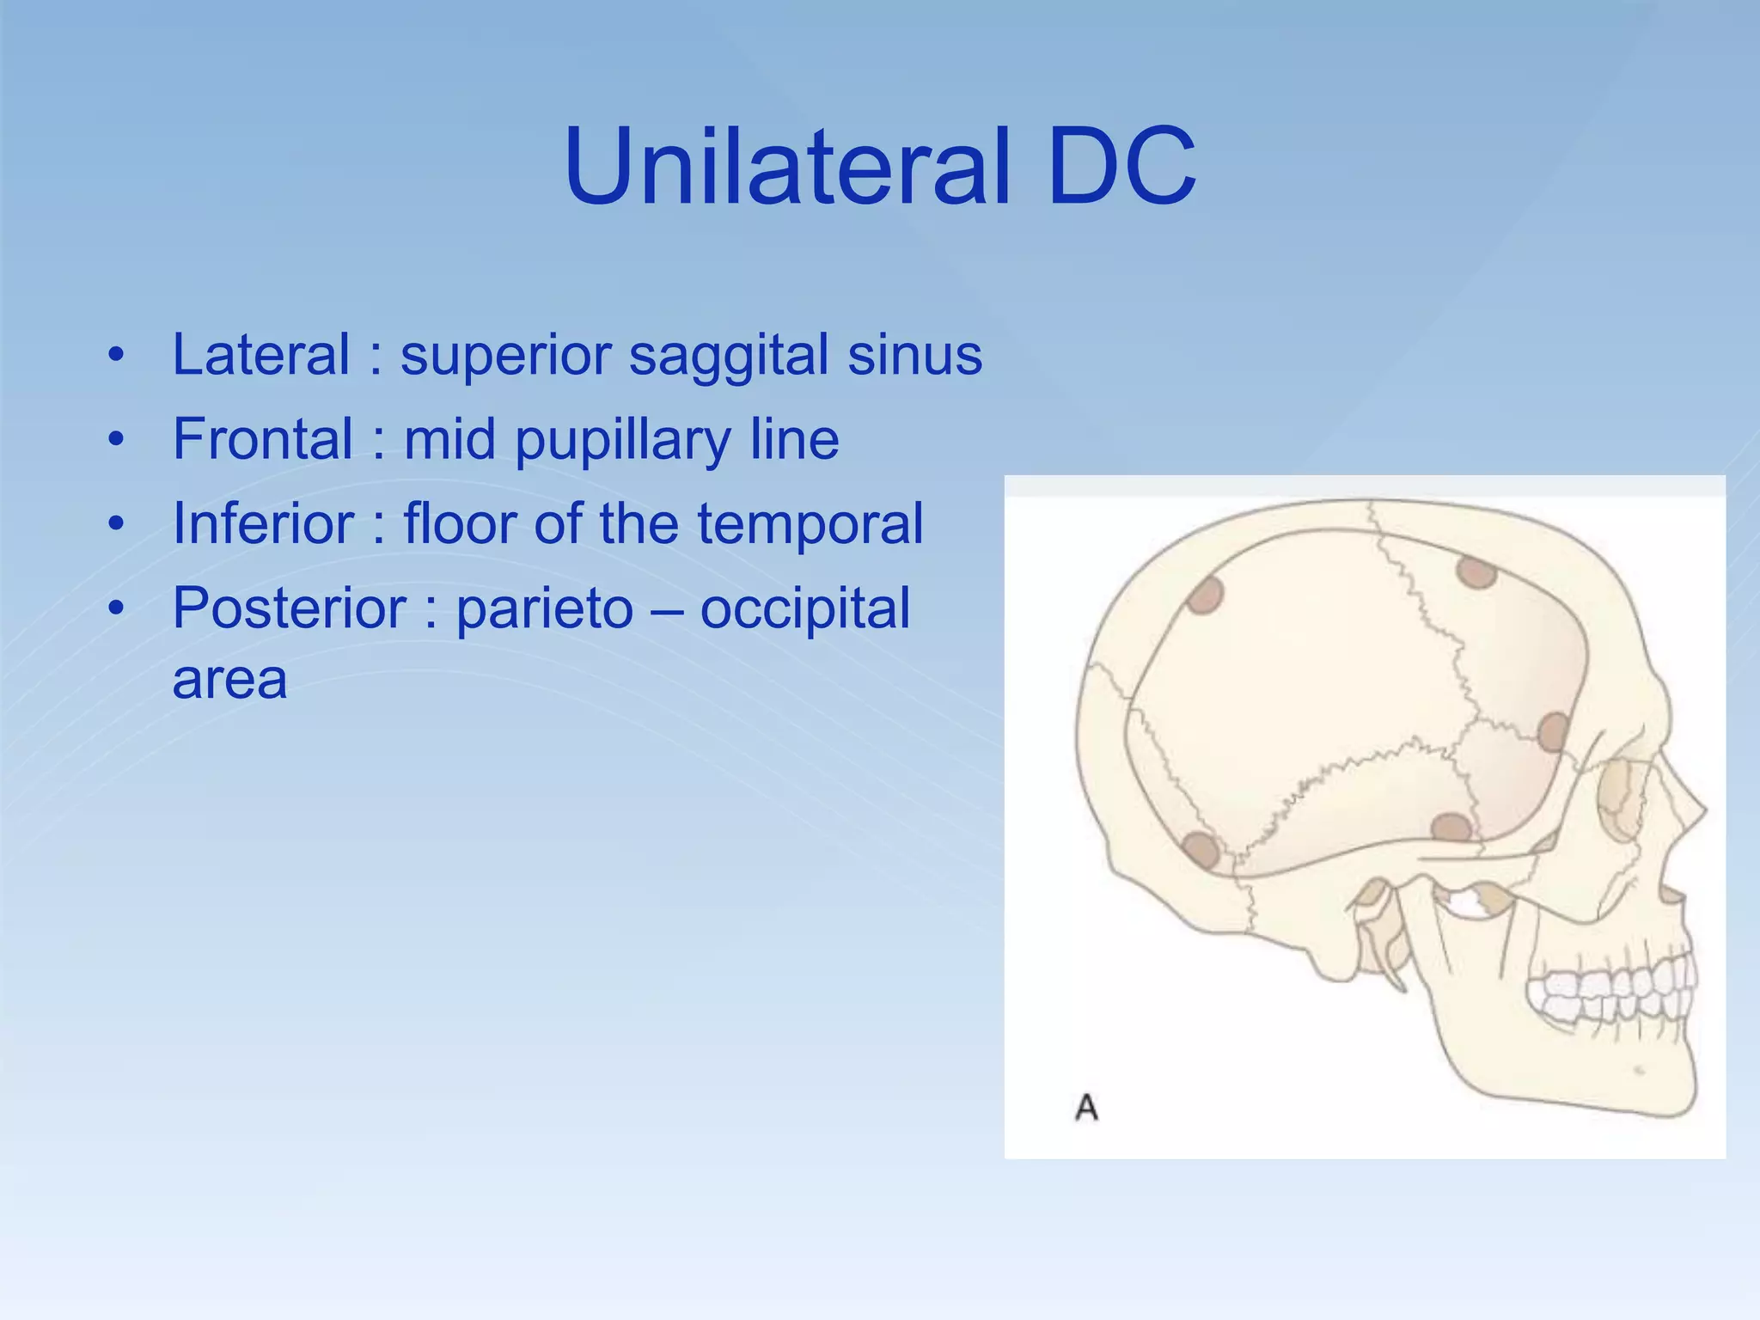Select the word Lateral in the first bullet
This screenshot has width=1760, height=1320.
pos(261,354)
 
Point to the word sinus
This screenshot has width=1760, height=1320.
pos(914,354)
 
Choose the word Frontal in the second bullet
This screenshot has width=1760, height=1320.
pos(263,438)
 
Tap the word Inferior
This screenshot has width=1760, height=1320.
pos(263,522)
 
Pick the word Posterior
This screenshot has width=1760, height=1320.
pos(289,608)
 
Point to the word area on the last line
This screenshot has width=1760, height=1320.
pos(229,680)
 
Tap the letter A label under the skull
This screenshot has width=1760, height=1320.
pos(1086,1107)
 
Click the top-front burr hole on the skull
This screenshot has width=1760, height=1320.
pos(1476,571)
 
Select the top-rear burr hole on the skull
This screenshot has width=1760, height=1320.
pos(1205,594)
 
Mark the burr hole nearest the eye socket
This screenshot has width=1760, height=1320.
pos(1553,732)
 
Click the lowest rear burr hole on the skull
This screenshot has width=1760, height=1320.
pos(1201,850)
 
